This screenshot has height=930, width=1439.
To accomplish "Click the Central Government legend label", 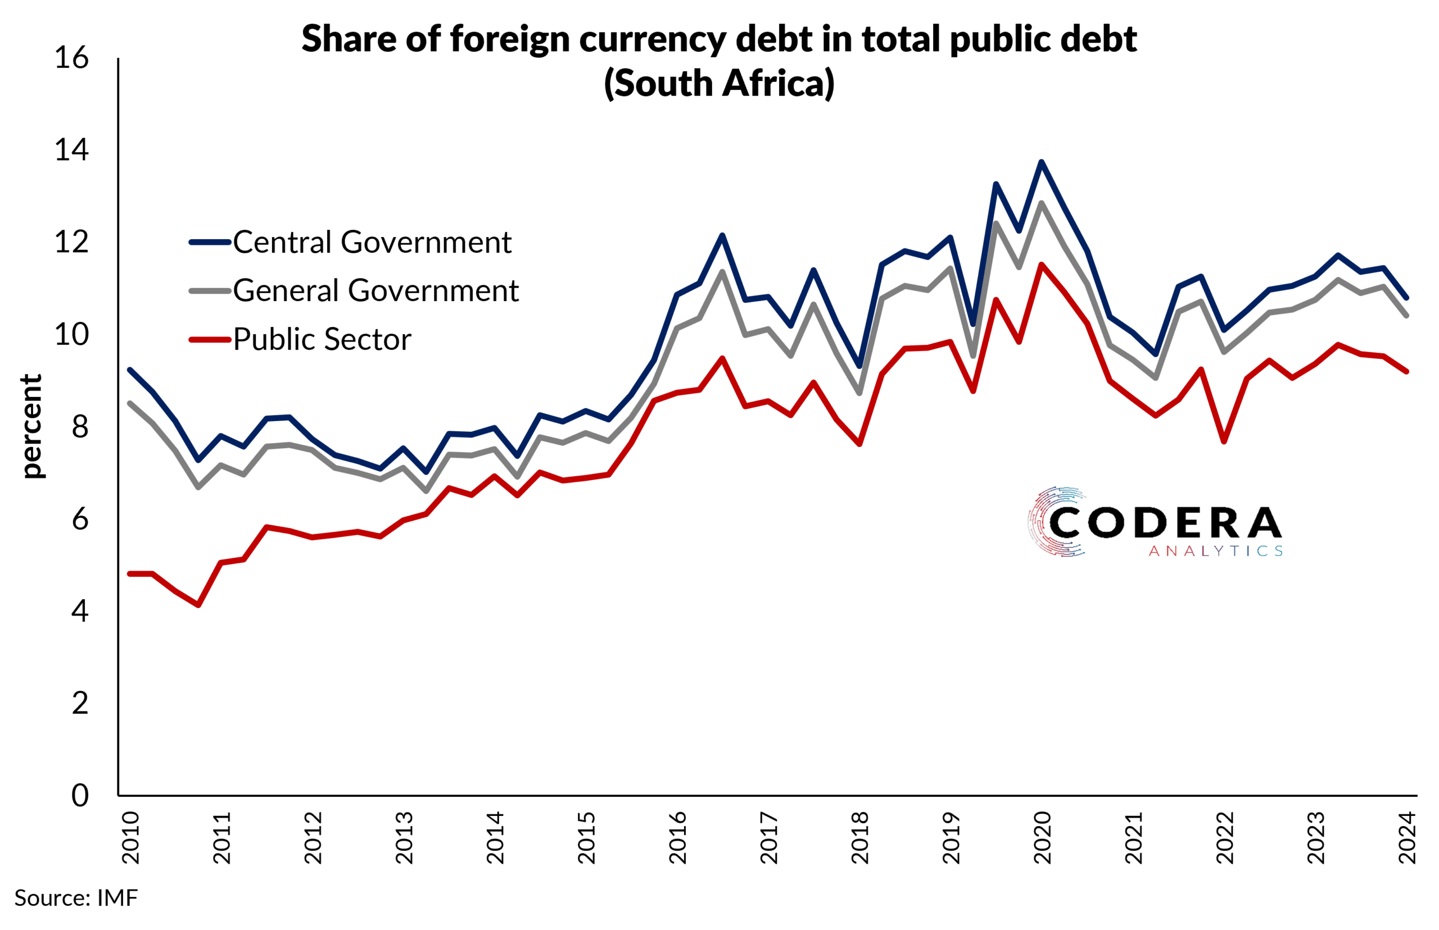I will [372, 242].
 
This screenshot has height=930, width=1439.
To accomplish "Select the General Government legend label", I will [375, 290].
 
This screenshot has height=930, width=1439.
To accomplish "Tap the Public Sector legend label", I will [322, 339].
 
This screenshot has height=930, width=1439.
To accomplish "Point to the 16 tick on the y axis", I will [71, 58].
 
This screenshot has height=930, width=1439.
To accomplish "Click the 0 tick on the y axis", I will [80, 796].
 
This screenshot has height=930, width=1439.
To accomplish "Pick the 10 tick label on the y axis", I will [71, 335].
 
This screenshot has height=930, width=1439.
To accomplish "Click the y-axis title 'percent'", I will [31, 426].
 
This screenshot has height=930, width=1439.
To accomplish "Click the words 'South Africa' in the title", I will [719, 83].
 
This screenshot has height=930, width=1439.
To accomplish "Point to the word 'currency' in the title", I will [653, 39].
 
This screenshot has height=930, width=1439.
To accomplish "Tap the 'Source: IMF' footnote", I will [76, 898].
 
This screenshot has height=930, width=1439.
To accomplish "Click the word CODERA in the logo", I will [1165, 522].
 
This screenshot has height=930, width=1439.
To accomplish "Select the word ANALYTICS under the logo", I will [1215, 551].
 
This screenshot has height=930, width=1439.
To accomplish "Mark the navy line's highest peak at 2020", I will [1042, 161].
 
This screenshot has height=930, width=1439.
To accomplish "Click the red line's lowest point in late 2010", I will [198, 604].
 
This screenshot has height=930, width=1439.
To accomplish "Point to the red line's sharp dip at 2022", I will [1224, 441].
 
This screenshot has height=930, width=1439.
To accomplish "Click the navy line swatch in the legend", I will [210, 242].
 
